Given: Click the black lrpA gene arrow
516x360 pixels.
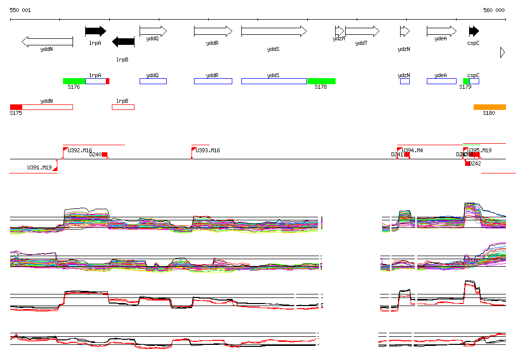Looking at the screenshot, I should [95, 31].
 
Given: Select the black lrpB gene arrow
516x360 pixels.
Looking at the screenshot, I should [123, 42].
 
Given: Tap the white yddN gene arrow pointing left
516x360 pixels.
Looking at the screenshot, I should [47, 42].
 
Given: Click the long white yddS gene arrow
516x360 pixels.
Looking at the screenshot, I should [274, 31].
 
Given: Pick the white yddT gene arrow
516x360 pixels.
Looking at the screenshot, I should [362, 31].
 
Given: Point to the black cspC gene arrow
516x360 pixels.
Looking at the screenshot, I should [474, 31].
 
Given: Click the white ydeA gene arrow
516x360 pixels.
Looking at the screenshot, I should [441, 31].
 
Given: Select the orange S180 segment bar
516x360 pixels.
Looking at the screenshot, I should [489, 107].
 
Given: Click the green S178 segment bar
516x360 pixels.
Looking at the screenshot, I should [321, 81].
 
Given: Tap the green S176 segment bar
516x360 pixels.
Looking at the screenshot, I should [74, 81].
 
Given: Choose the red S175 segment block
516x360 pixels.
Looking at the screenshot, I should [16, 107].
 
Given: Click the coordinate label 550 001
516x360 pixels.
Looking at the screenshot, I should [20, 10].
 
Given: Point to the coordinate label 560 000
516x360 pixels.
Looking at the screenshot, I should [494, 10].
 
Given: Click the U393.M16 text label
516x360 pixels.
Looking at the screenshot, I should [208, 150].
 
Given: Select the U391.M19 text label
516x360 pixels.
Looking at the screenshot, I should [39, 167].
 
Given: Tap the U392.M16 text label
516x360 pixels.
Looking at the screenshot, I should [80, 150].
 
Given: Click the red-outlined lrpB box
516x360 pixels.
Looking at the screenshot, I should [123, 107].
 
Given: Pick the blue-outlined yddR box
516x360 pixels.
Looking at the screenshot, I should [213, 81].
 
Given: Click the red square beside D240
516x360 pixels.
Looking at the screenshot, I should [105, 154].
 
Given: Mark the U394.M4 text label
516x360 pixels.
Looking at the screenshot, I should [412, 150].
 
